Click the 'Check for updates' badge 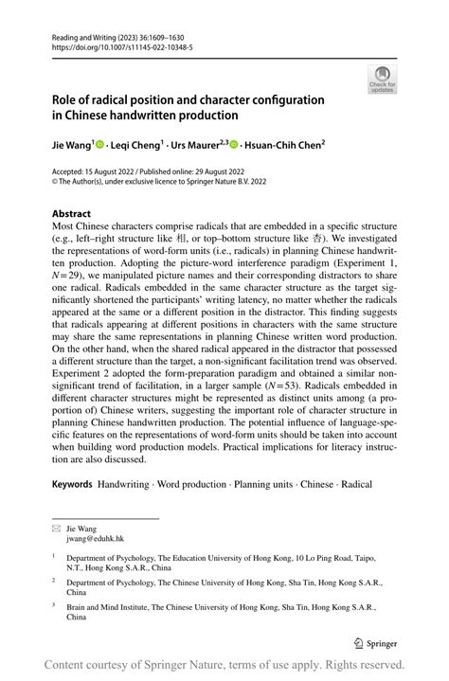point(384,80)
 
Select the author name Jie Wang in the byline point(70,145)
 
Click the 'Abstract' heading point(72,214)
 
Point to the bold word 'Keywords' point(72,484)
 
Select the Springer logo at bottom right point(375,642)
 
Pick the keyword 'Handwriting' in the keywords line point(123,484)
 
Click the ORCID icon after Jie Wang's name point(99,145)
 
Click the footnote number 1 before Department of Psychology point(54,557)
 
